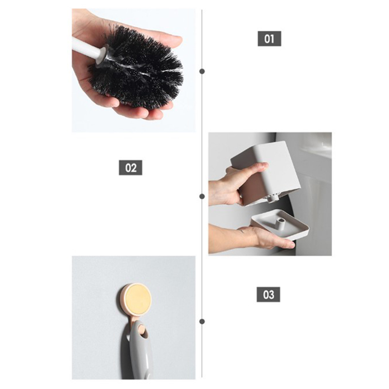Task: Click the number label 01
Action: coord(269,39)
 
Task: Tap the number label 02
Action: coord(130,168)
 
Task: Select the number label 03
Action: coord(268,295)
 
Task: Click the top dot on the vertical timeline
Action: coord(202,71)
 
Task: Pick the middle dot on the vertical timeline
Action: coord(202,196)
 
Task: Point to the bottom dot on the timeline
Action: coord(202,321)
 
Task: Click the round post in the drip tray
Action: coord(282,223)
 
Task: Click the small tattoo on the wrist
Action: coord(241,231)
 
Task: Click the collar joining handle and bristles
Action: coord(103,56)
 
